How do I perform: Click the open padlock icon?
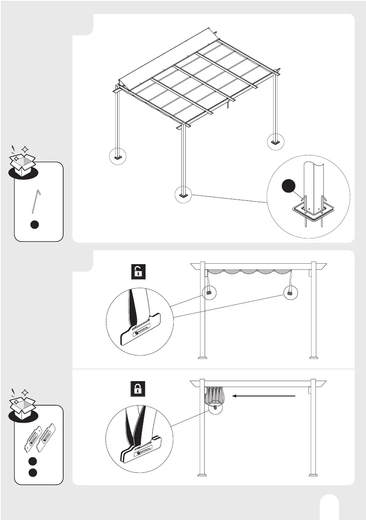(138, 272)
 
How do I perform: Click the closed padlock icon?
(138, 389)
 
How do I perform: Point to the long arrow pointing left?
(264, 396)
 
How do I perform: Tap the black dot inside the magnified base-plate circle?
(288, 186)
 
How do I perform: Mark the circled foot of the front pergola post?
(183, 195)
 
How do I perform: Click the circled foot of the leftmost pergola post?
(117, 156)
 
